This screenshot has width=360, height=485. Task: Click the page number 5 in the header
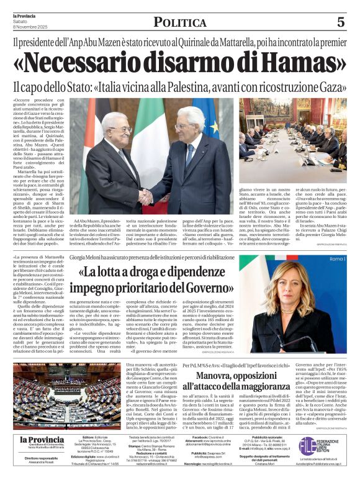[341, 22]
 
